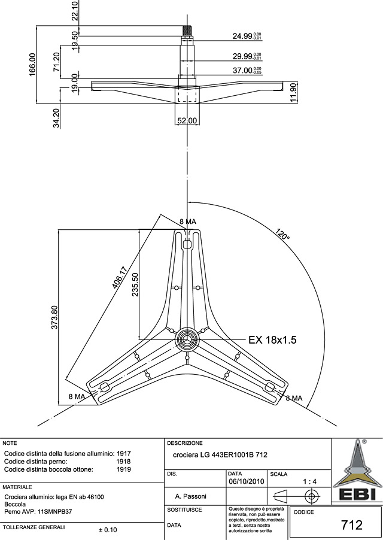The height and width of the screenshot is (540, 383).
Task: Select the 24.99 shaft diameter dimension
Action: click(247, 37)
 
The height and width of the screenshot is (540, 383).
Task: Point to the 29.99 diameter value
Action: click(247, 56)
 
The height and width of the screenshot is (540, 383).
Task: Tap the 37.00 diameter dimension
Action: click(247, 70)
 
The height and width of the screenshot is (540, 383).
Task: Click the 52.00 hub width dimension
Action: click(187, 120)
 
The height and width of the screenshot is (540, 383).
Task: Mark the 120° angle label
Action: click(283, 234)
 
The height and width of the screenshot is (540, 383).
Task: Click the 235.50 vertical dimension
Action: click(135, 285)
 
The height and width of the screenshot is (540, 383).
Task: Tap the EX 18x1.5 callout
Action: click(273, 339)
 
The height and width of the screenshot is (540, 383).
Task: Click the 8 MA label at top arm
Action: click(188, 222)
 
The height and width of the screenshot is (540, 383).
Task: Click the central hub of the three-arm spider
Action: click(188, 338)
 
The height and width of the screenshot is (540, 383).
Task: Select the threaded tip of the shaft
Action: click(188, 29)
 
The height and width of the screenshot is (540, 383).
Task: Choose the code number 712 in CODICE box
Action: click(352, 525)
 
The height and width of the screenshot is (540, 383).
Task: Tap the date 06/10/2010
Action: click(247, 481)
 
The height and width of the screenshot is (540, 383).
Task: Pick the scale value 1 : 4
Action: click(310, 481)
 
